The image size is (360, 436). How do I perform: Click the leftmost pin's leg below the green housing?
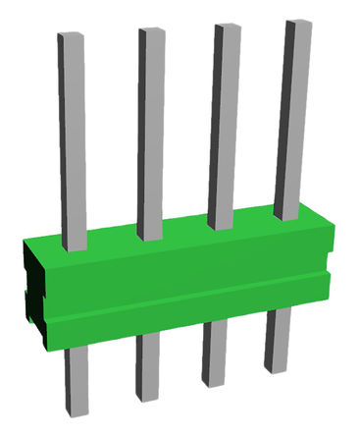[x=76, y=388]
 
